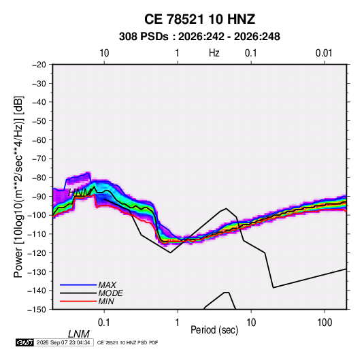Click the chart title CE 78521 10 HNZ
pos(199,19)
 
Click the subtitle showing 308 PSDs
pos(199,37)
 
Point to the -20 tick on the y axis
pos(39,65)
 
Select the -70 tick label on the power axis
pos(39,159)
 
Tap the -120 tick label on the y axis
pos(37,253)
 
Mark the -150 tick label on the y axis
pos(37,310)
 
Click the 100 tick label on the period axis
pos(325,323)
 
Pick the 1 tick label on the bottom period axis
pos(177,323)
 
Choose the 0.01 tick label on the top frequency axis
pos(324,53)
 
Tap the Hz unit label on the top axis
pos(214,53)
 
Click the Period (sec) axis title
pos(214,330)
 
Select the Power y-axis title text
pos(18,186)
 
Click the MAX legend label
pos(107,285)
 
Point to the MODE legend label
pos(110,293)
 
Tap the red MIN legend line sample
pos(78,301)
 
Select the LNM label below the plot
pos(79,334)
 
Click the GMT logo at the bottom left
pos(24,342)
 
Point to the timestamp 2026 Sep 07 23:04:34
pos(63,342)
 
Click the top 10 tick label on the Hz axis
pos(104,53)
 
